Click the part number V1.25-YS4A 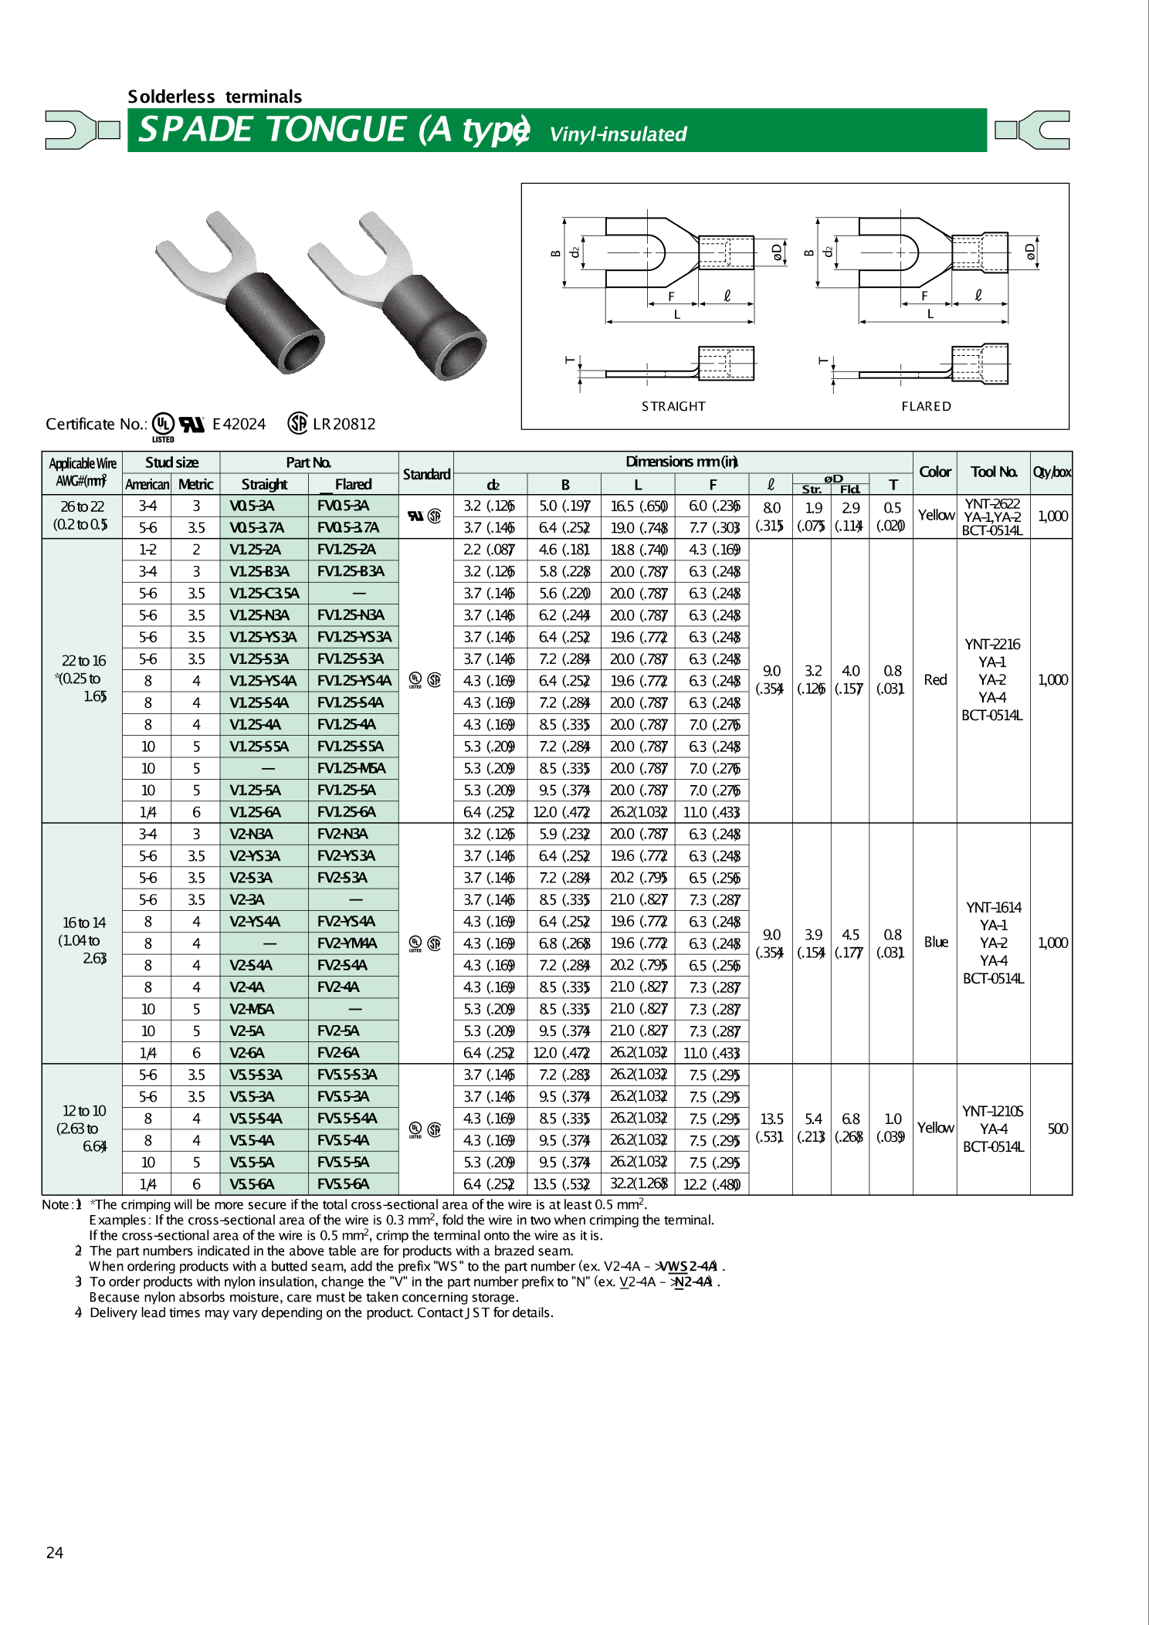click(x=263, y=681)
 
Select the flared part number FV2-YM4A click(x=347, y=943)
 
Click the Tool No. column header click(x=993, y=472)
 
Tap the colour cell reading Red click(x=935, y=679)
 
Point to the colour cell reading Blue click(x=936, y=942)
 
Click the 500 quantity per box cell click(x=1057, y=1129)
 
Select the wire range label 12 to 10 click(x=84, y=1111)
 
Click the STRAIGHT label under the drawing click(x=673, y=406)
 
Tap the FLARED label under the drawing click(x=926, y=406)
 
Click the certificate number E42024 click(x=239, y=424)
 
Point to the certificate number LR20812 click(x=344, y=424)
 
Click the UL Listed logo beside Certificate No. click(x=163, y=425)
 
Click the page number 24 click(x=55, y=1552)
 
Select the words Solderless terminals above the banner click(x=215, y=96)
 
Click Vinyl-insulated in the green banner click(x=618, y=134)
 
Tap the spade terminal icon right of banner click(x=1032, y=129)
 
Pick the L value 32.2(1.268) click(x=638, y=1184)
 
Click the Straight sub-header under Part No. click(x=264, y=484)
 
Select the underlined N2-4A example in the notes click(x=693, y=1281)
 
